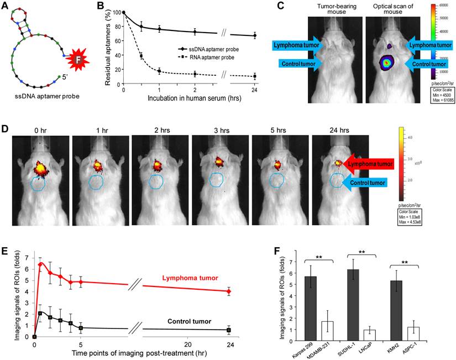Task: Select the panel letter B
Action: point(101,7)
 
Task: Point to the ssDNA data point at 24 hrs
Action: point(254,35)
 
